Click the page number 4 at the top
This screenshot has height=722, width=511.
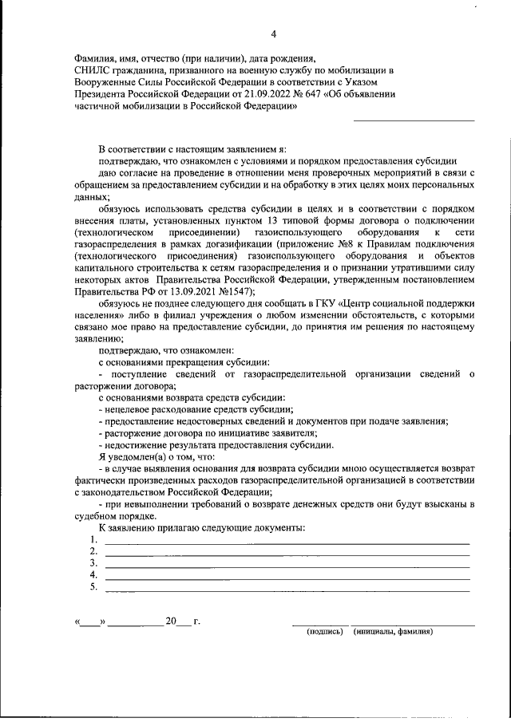274,33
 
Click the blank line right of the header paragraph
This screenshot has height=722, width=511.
414,120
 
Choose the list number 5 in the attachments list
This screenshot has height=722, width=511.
93,588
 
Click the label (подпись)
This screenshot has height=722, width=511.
324,632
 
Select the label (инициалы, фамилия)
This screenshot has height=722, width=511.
392,632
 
